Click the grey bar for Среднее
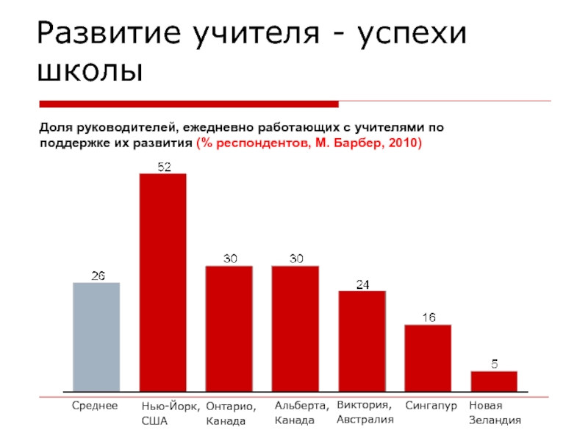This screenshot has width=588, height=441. [x=96, y=337]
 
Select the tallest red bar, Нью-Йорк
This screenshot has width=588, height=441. [x=163, y=282]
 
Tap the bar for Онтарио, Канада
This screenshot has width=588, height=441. [x=229, y=329]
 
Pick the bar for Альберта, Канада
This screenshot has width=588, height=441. [x=295, y=329]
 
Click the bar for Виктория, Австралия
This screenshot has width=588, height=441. [x=362, y=341]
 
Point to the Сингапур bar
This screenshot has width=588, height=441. [x=429, y=358]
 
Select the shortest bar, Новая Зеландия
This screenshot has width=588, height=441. [x=495, y=381]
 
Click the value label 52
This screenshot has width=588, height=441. [x=163, y=167]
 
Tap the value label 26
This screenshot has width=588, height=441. [x=97, y=276]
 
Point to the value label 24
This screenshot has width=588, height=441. [x=362, y=284]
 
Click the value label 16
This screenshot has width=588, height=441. [x=429, y=318]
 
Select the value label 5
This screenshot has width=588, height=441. [x=495, y=364]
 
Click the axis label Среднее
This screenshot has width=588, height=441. [x=95, y=406]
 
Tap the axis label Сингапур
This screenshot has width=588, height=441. [x=431, y=406]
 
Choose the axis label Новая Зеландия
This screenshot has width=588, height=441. [x=495, y=413]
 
